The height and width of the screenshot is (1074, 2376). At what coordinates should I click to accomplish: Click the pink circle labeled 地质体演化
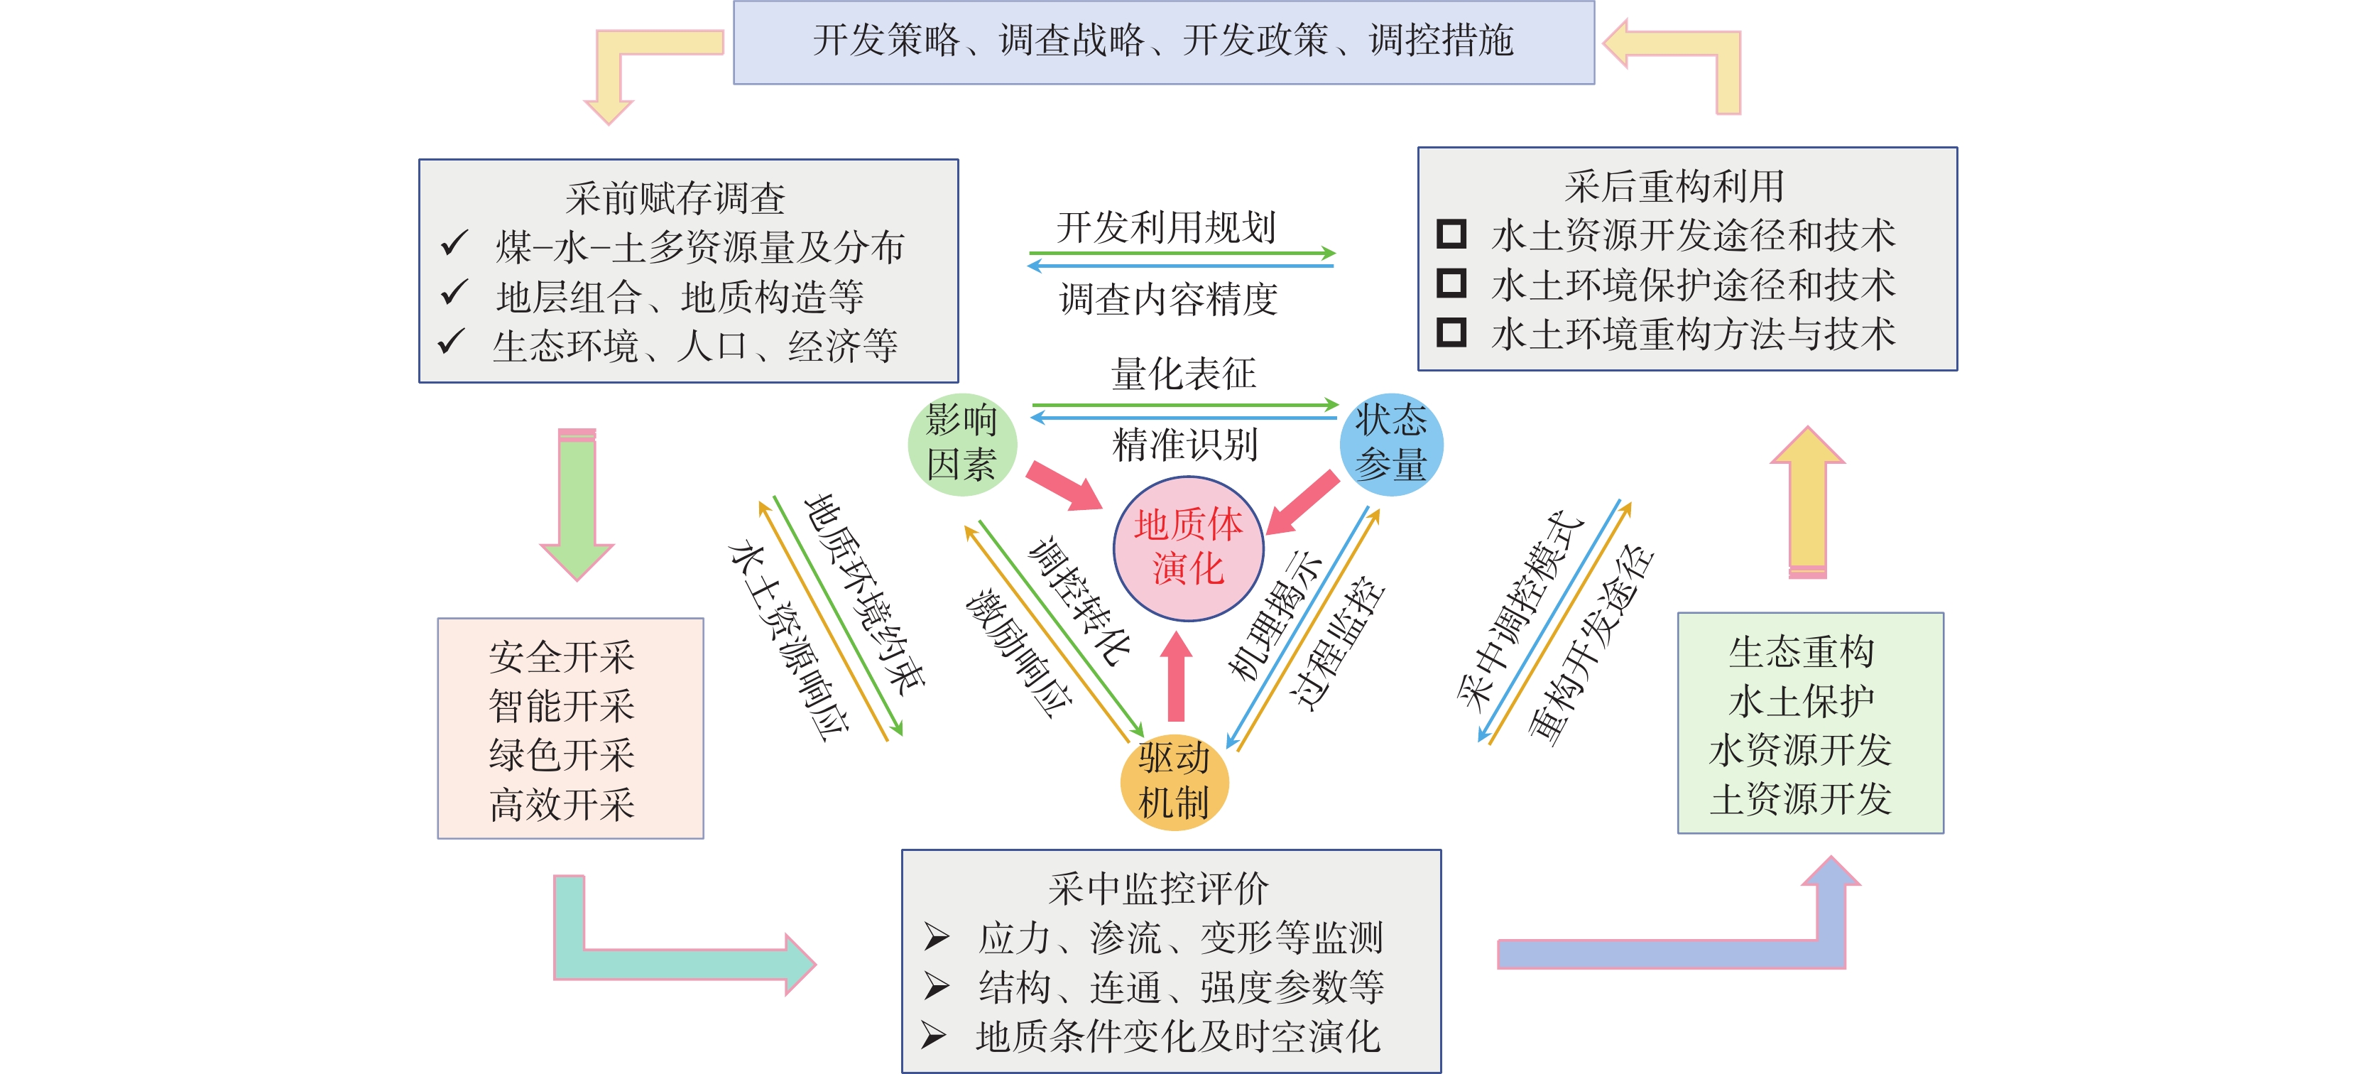point(1188,548)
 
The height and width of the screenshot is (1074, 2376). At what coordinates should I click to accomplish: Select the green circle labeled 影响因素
point(962,444)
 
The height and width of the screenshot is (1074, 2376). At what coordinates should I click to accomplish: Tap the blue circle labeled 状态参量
point(1391,444)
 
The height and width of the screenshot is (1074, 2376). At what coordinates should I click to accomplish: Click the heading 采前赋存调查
point(675,197)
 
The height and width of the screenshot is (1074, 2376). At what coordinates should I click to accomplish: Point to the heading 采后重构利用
point(1674,185)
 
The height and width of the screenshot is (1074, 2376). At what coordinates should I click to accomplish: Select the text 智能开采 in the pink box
point(562,706)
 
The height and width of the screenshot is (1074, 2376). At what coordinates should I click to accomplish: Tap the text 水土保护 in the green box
point(1802,701)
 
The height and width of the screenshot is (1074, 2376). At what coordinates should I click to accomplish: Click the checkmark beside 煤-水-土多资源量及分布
point(454,244)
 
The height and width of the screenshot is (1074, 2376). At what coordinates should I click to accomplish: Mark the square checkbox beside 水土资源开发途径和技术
point(1451,234)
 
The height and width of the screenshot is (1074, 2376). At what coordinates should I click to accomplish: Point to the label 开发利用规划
point(1166,226)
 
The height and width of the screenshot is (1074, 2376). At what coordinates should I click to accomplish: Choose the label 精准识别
point(1185,445)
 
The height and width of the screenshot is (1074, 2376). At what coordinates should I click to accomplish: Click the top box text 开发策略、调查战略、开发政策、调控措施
point(1163,40)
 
